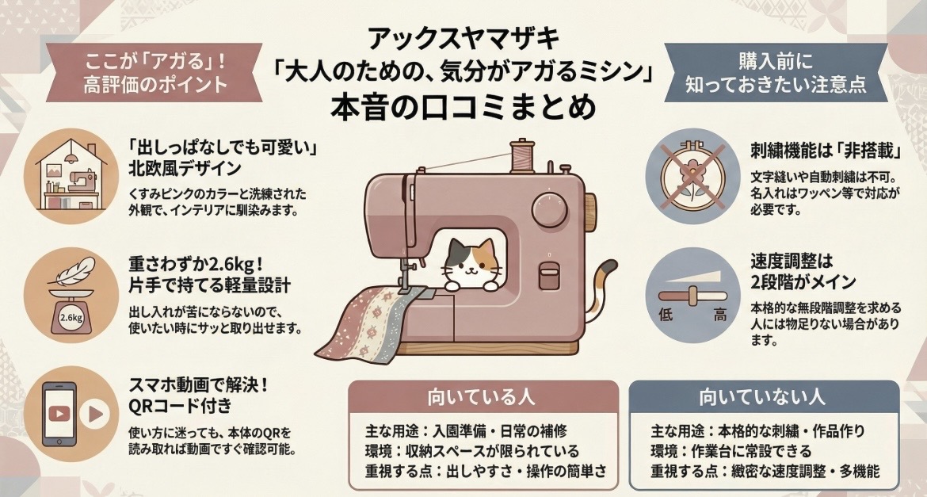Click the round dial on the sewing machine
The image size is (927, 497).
[x=547, y=211]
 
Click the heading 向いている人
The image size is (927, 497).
[x=483, y=396]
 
